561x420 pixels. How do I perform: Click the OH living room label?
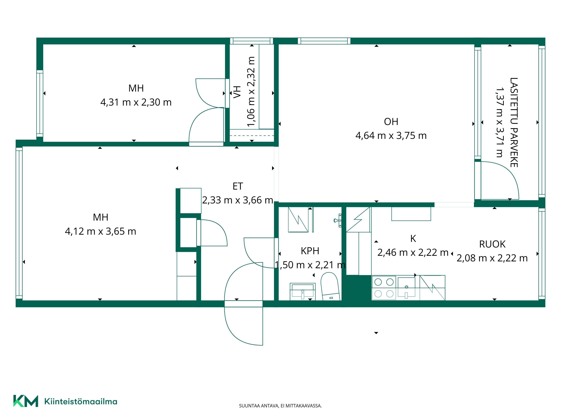point(391,122)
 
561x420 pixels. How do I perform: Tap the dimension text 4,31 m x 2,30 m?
point(136,102)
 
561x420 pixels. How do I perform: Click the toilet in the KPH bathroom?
point(330,286)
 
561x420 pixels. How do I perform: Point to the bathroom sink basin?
point(303,291)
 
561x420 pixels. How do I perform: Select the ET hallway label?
point(238,186)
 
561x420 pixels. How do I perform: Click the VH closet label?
point(237,92)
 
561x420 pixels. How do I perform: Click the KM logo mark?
point(26,401)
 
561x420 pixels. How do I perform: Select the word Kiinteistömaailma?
point(81,402)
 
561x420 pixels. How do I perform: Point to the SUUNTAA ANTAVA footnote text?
point(280,406)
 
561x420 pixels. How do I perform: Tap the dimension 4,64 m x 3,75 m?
point(391,136)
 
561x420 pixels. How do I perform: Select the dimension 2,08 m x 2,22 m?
point(492,258)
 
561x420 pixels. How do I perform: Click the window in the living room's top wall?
point(324,41)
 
